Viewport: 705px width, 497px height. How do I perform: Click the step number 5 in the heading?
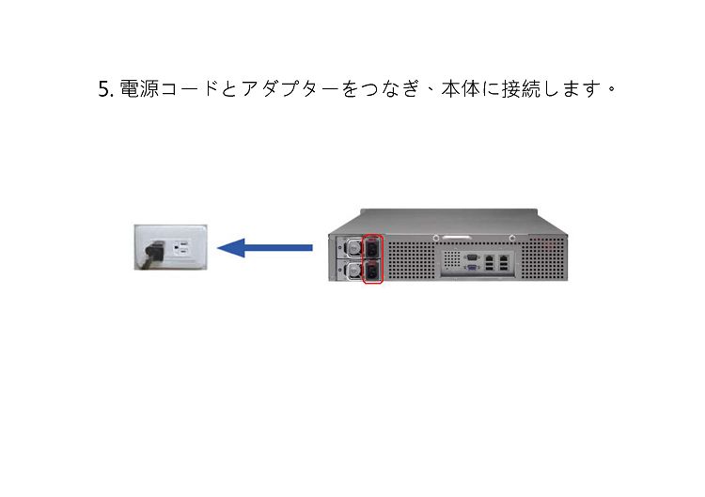103,89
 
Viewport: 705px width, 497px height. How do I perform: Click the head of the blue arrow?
230,248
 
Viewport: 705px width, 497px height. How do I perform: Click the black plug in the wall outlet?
154,253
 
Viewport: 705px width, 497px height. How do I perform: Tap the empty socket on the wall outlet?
182,248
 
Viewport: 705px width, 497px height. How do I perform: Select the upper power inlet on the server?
373,247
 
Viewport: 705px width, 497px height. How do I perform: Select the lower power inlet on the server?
373,271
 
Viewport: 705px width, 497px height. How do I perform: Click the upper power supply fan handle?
354,247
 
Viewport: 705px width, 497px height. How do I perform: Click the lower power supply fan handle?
354,271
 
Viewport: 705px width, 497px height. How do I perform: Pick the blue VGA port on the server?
472,268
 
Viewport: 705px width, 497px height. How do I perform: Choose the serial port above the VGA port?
472,257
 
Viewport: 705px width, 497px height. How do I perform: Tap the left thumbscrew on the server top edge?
435,238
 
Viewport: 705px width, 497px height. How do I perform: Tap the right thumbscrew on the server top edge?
512,238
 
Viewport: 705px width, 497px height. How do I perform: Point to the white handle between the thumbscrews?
456,237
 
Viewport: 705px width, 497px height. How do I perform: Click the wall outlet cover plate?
171,247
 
